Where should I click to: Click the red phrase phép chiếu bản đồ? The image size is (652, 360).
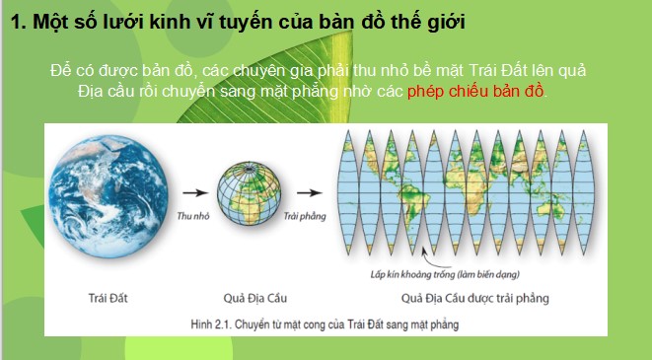pos(491,91)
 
